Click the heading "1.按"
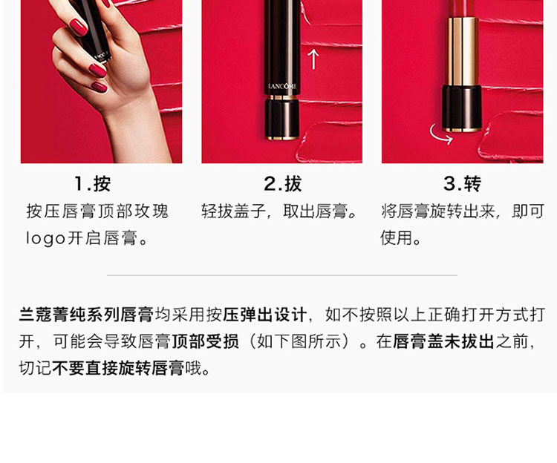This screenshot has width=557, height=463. (93, 184)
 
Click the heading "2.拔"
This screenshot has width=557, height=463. (283, 184)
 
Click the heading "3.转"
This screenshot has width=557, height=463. (463, 184)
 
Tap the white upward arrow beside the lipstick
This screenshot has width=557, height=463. (313, 59)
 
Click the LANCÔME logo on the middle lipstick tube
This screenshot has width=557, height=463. (282, 86)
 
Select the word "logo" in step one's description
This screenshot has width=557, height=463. (45, 238)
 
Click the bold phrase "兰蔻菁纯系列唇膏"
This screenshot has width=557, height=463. (86, 315)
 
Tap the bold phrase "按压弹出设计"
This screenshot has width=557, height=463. (264, 315)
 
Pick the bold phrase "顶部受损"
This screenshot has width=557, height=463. (205, 341)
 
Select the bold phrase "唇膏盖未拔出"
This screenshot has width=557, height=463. (443, 341)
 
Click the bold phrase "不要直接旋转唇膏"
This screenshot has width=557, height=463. (118, 368)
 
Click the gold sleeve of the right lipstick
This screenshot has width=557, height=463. (463, 51)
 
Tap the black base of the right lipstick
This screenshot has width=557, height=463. (462, 108)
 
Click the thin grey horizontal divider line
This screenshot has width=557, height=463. (282, 275)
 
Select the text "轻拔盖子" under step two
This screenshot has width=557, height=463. (233, 211)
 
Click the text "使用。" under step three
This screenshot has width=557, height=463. (401, 237)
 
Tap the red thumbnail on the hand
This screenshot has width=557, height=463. (79, 27)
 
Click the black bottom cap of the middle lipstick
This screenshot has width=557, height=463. (282, 119)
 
